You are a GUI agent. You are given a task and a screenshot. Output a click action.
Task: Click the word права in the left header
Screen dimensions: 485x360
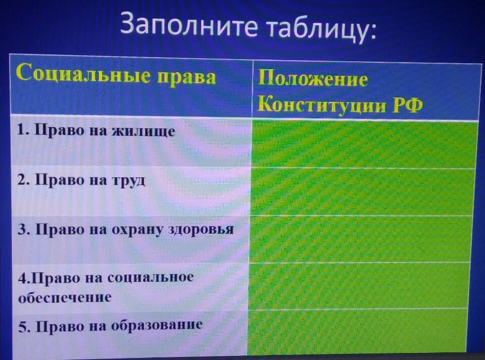[x=186, y=77]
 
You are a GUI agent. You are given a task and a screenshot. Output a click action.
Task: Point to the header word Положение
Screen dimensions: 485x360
[x=313, y=78]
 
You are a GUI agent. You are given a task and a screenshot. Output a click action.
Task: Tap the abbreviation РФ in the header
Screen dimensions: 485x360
[x=408, y=105]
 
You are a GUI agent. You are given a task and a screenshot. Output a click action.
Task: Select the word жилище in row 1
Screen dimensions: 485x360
[x=143, y=131]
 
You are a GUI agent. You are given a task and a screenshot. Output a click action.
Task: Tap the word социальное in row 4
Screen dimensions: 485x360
[x=151, y=277]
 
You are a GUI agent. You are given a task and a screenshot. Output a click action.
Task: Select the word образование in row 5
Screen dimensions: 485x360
[x=157, y=325]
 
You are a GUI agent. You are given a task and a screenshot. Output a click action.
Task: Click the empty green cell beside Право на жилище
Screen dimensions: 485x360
[x=364, y=144]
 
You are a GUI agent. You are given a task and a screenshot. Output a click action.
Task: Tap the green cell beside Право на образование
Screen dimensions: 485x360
[x=357, y=332]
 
